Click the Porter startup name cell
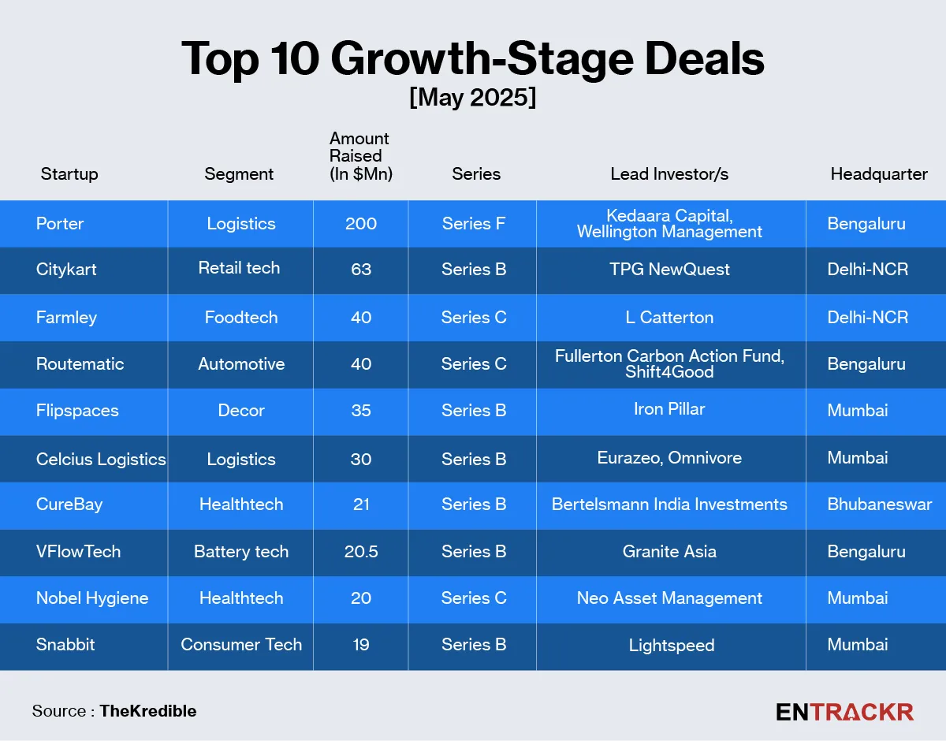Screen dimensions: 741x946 coord(60,224)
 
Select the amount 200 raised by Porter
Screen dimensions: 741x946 coord(361,224)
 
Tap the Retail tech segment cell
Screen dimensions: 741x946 coord(239,268)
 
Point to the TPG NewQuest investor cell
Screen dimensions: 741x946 coord(669,270)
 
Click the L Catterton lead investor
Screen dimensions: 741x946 coord(669,318)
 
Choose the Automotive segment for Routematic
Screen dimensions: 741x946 coord(241,364)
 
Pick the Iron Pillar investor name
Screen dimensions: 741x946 coord(669,410)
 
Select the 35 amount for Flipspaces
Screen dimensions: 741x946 coord(361,411)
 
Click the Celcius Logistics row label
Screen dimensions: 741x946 coord(101,459)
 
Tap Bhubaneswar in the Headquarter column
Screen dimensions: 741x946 coord(879,505)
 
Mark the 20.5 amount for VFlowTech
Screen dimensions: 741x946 coord(361,552)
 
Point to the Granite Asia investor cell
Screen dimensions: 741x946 coord(669,552)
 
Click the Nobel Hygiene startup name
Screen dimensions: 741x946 coord(92,598)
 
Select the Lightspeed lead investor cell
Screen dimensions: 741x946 coord(672,646)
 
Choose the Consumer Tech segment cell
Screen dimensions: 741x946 coord(241,645)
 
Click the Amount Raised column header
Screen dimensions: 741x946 coord(360,156)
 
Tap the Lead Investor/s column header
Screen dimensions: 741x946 coord(669,174)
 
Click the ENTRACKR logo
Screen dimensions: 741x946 coord(844,712)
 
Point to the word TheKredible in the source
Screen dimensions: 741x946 coord(148,711)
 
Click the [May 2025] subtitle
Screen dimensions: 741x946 coord(472,98)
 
